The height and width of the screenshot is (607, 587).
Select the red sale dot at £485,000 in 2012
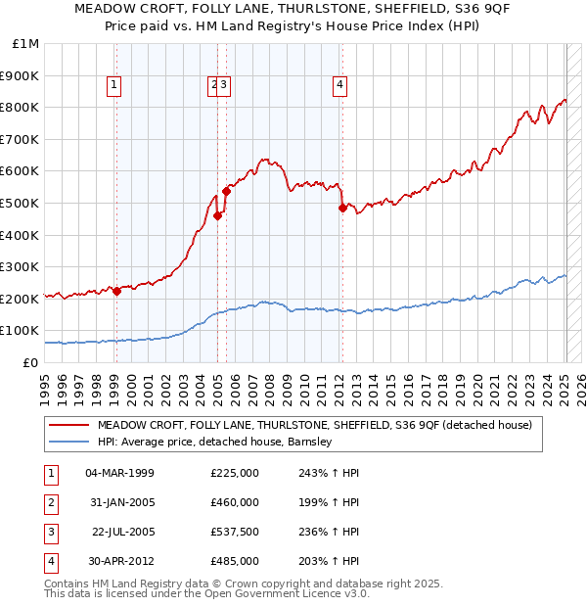click(342, 208)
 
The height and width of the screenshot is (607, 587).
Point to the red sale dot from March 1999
click(116, 291)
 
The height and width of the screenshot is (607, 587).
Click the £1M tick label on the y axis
click(26, 43)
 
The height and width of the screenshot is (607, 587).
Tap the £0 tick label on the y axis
click(31, 362)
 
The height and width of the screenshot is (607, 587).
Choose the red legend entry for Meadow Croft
click(314, 426)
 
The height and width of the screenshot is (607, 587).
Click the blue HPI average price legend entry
click(215, 443)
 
